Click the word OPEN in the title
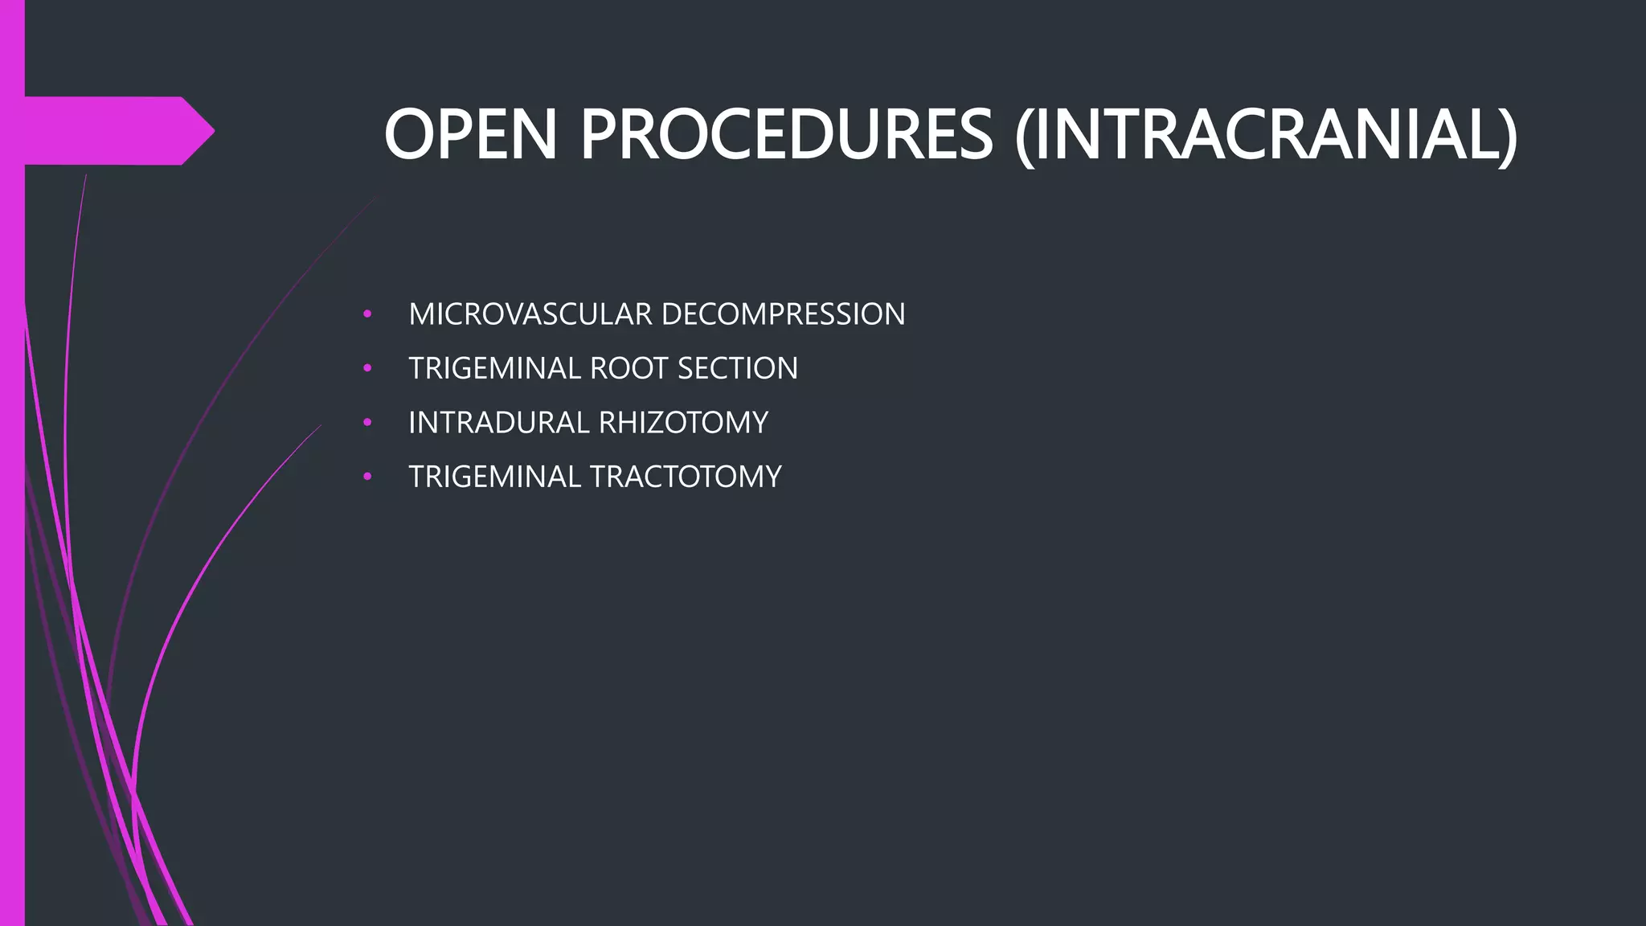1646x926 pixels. click(x=470, y=135)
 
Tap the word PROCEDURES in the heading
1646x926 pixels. click(x=786, y=135)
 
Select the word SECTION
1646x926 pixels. click(x=738, y=368)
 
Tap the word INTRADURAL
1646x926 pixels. click(x=499, y=423)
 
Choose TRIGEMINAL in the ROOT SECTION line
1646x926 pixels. click(x=494, y=368)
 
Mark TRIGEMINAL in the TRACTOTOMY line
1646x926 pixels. click(x=494, y=477)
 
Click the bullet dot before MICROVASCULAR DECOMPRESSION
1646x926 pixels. click(x=367, y=314)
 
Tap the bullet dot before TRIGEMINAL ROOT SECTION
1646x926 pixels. click(x=367, y=368)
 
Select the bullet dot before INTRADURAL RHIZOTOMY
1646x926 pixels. click(x=367, y=422)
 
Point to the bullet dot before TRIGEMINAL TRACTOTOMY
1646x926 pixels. click(x=367, y=477)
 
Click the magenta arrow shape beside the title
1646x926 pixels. click(x=113, y=131)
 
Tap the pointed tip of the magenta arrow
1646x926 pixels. click(x=211, y=131)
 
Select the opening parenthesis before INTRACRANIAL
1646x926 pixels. click(x=1024, y=137)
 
